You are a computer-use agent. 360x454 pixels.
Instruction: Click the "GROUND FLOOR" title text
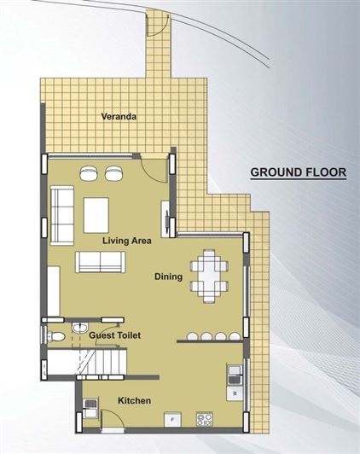pyautogui.click(x=297, y=172)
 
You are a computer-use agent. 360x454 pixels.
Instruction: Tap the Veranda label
pyautogui.click(x=119, y=116)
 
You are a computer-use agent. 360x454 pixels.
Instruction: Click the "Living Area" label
pyautogui.click(x=126, y=241)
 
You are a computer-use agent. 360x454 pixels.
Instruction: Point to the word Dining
pyautogui.click(x=168, y=276)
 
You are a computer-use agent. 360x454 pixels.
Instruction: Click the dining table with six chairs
pyautogui.click(x=208, y=273)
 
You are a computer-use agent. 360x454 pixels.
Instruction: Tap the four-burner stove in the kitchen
pyautogui.click(x=204, y=419)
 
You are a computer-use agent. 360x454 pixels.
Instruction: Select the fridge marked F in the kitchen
pyautogui.click(x=173, y=419)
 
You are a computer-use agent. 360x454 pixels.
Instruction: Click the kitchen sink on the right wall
pyautogui.click(x=234, y=373)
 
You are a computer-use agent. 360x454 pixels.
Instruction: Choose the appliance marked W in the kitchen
pyautogui.click(x=234, y=393)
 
